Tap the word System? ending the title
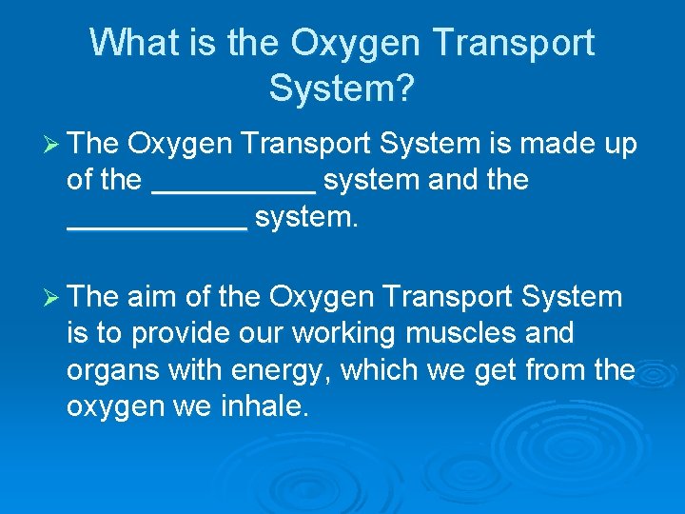pyautogui.click(x=342, y=89)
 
